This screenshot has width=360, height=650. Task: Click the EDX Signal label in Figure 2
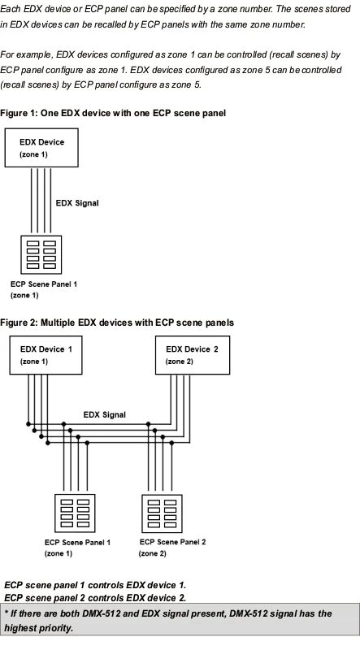104,415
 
